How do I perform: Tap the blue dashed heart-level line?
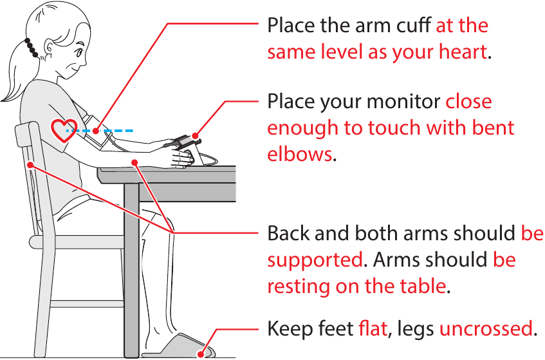pos(100,131)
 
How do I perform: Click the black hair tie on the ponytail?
pos(31,48)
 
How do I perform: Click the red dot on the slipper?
pos(201,354)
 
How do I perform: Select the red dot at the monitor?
pos(196,136)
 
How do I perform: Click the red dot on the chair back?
pos(31,165)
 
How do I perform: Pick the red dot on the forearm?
pos(134,162)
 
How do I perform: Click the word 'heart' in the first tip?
pos(463,52)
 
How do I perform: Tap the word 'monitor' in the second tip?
pos(403,102)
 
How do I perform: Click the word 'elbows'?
pos(300,153)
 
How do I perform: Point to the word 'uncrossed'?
pos(486,328)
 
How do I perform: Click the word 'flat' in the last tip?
pos(373,328)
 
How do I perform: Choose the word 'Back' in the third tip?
pos(288,233)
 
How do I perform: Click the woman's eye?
pos(79,53)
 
